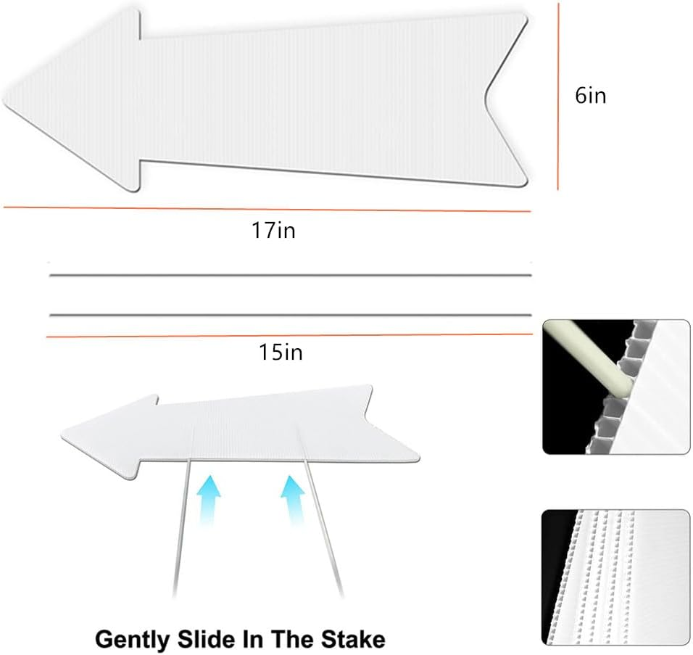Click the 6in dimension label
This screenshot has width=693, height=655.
[x=590, y=96]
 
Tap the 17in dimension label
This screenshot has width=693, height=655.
[x=273, y=231]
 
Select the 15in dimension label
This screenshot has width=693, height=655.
[x=281, y=353]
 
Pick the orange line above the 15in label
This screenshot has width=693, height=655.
[x=290, y=335]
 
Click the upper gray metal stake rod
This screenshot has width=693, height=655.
[x=290, y=275]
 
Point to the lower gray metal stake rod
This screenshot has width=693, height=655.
[x=290, y=315]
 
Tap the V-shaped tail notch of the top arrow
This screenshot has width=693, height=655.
[x=487, y=96]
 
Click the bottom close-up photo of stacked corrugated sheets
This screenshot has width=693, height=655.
[x=616, y=577]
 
